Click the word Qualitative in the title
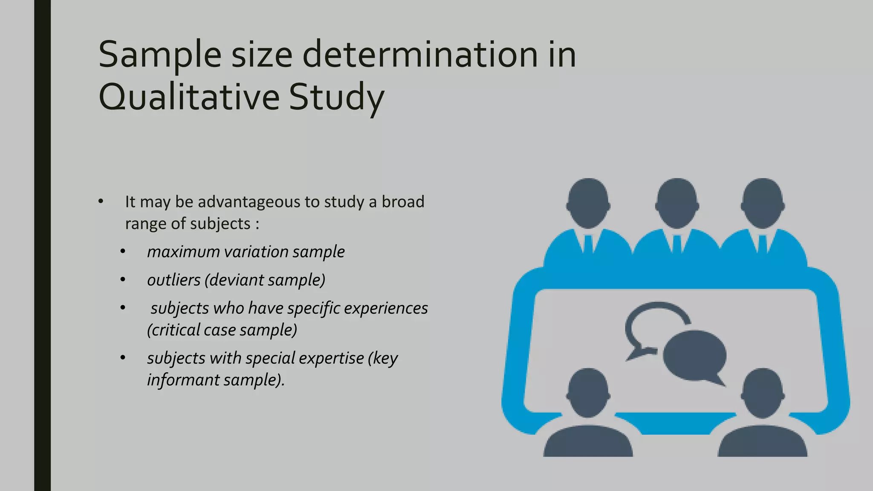coord(189,97)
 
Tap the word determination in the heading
coord(420,55)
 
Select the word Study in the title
coord(336,98)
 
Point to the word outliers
coord(173,280)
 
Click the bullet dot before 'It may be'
coord(101,201)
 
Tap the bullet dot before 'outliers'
coord(123,280)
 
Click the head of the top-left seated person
coord(588,203)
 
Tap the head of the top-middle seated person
coord(677,203)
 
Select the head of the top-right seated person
coord(763,203)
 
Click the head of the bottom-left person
coord(588,393)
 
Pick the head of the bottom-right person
coord(763,393)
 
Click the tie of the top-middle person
coord(677,244)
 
